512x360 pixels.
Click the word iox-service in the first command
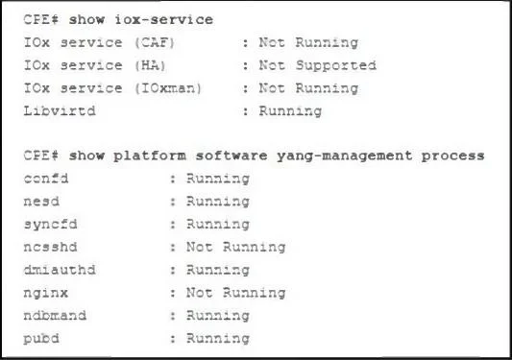click(x=164, y=20)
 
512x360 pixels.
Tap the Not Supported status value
click(x=317, y=65)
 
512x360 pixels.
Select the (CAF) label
click(x=155, y=43)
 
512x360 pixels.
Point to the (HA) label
click(x=150, y=65)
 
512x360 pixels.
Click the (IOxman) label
click(x=168, y=88)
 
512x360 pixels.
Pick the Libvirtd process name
click(x=60, y=111)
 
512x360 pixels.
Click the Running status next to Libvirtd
click(x=290, y=111)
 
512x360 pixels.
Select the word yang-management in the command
click(x=345, y=156)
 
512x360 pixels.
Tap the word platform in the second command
click(x=150, y=156)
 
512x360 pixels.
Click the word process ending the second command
click(x=452, y=156)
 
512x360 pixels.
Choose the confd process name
click(x=46, y=179)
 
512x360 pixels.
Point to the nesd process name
click(x=41, y=202)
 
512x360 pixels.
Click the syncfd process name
click(x=50, y=225)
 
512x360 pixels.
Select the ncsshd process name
click(x=50, y=247)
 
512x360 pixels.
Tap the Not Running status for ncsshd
click(x=235, y=247)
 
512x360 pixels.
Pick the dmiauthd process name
click(x=60, y=270)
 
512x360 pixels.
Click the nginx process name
click(x=46, y=293)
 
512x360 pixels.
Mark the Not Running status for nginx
click(x=235, y=293)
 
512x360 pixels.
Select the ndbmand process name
click(x=55, y=316)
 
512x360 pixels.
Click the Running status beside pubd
click(x=218, y=339)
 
